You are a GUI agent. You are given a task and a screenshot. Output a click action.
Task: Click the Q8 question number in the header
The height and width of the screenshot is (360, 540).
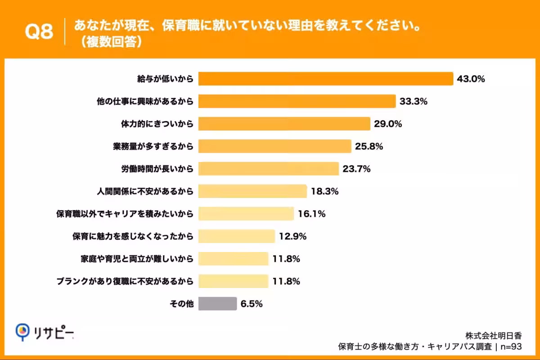pyautogui.click(x=39, y=32)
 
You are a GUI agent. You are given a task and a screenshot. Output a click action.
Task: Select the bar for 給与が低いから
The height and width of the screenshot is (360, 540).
pyautogui.click(x=325, y=79)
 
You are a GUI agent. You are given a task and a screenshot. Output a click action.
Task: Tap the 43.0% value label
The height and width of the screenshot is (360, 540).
pyautogui.click(x=471, y=79)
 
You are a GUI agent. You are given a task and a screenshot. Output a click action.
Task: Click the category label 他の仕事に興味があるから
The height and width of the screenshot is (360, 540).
pyautogui.click(x=145, y=102)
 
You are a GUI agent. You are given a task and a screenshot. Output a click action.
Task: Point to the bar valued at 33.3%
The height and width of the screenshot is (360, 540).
pyautogui.click(x=297, y=101)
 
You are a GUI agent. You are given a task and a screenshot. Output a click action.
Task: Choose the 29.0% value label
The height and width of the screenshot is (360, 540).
pyautogui.click(x=388, y=124)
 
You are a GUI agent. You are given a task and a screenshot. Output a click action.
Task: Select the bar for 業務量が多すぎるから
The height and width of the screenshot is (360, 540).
pyautogui.click(x=274, y=146)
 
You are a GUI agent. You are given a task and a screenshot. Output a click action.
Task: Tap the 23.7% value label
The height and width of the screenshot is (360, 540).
pyautogui.click(x=356, y=169)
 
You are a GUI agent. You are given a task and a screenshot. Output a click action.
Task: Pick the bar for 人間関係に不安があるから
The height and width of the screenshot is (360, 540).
pyautogui.click(x=252, y=191)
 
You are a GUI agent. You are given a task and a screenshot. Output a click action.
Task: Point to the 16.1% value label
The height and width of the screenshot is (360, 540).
pyautogui.click(x=312, y=214)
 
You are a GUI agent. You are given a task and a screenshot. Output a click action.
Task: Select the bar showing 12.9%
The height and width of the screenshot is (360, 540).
pyautogui.click(x=236, y=236)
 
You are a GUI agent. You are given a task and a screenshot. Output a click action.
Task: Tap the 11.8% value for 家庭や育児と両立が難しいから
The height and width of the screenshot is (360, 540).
pyautogui.click(x=286, y=259)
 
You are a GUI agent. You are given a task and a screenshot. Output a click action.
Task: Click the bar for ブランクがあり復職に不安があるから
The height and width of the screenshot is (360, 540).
pyautogui.click(x=233, y=281)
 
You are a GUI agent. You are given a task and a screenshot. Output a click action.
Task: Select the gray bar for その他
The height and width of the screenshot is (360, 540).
pyautogui.click(x=217, y=304)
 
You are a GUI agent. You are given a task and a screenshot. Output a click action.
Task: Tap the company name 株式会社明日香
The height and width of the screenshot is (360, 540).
pyautogui.click(x=493, y=335)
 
